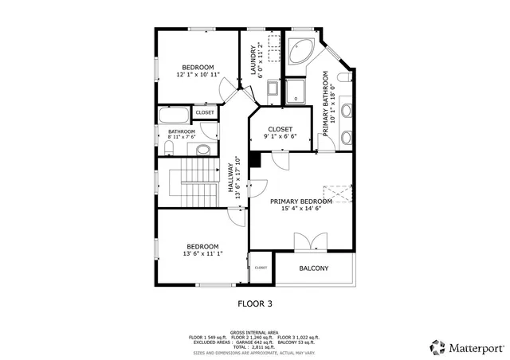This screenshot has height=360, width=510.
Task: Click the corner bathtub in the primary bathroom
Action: click(301, 52)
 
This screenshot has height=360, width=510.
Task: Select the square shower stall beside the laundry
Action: click(296, 90)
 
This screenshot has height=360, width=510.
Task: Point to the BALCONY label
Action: click(313, 268)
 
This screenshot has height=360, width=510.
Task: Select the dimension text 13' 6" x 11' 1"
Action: click(202, 254)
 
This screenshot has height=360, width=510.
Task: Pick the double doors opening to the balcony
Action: click(306, 242)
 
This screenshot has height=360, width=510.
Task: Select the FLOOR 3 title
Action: click(255, 303)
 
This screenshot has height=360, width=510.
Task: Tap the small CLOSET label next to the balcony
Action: click(261, 268)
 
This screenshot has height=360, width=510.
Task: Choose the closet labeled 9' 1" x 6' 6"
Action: click(280, 132)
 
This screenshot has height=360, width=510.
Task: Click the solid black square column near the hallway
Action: click(254, 159)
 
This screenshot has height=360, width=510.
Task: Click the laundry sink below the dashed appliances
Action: click(271, 89)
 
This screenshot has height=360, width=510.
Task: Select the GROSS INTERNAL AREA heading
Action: click(254, 331)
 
